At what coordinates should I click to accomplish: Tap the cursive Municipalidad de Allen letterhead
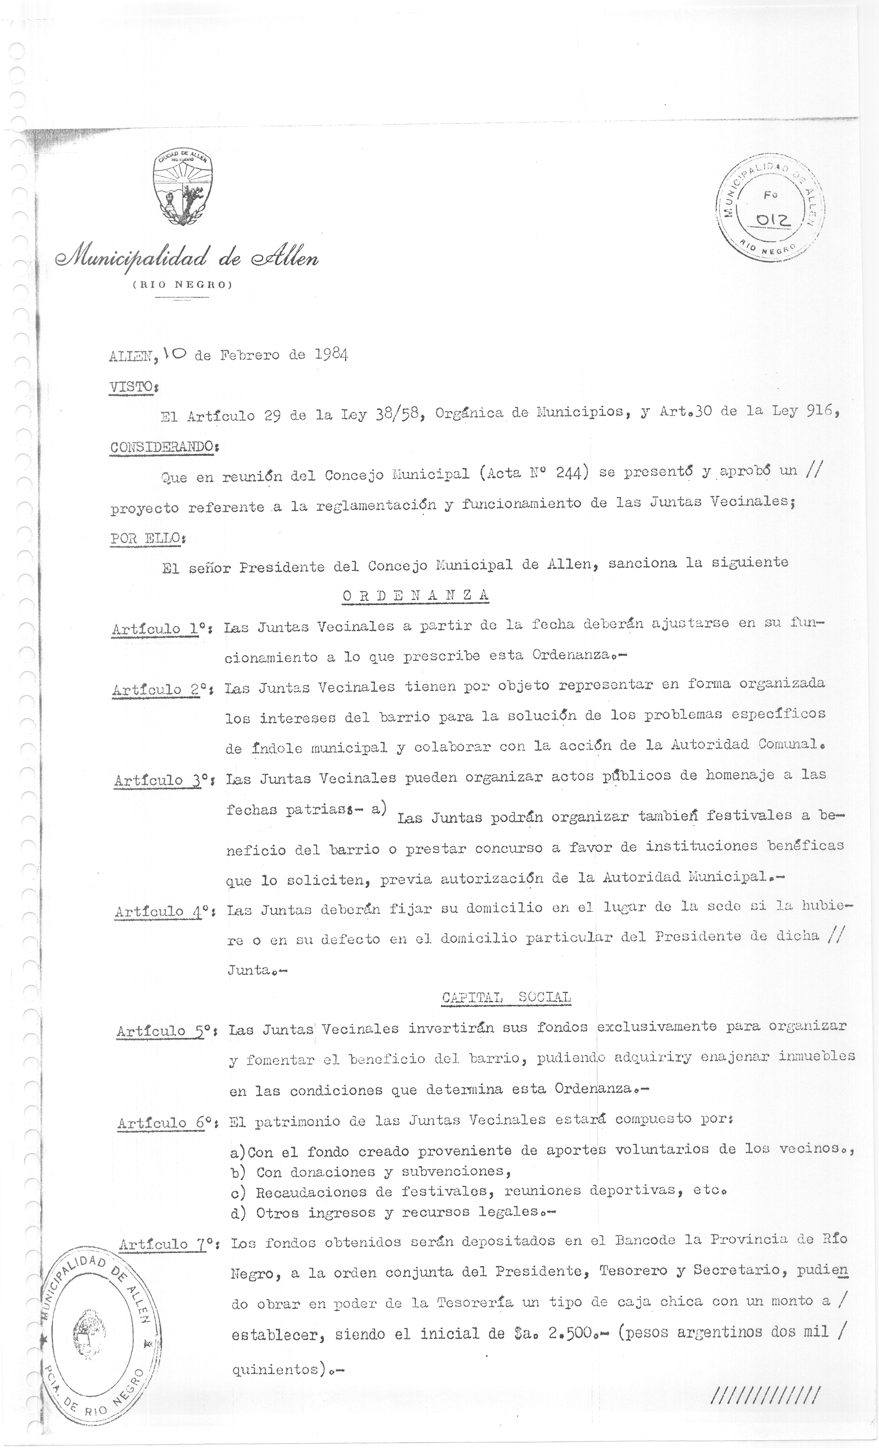click(x=187, y=258)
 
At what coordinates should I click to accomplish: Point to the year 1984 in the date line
click(x=331, y=354)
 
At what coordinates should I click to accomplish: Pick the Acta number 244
click(x=568, y=473)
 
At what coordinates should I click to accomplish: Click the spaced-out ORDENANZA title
click(x=415, y=596)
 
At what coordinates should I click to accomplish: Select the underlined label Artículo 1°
click(x=158, y=628)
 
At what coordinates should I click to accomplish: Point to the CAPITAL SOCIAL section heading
click(x=506, y=997)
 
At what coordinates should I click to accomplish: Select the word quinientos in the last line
click(x=275, y=1369)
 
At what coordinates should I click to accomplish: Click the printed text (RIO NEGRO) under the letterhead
click(x=183, y=285)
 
